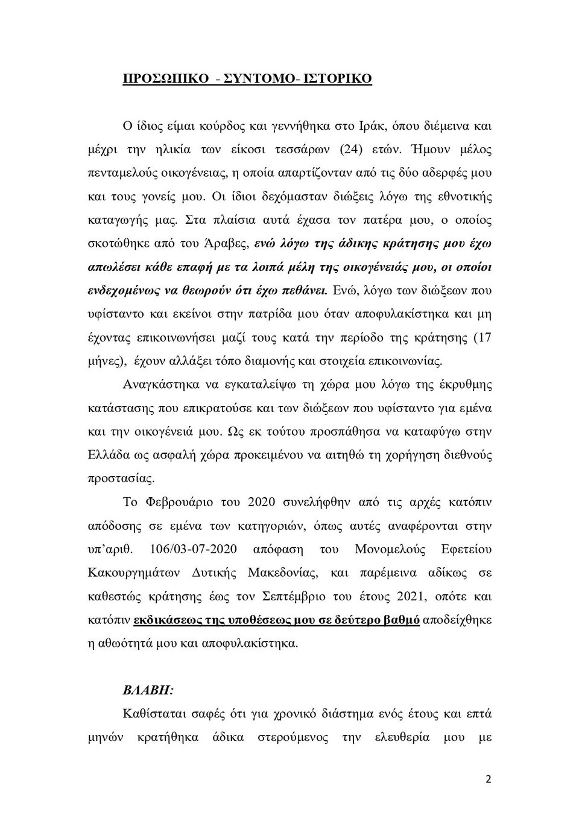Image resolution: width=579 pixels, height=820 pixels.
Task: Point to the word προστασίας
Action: click(x=113, y=479)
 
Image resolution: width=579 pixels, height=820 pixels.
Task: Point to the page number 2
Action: click(x=489, y=779)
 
